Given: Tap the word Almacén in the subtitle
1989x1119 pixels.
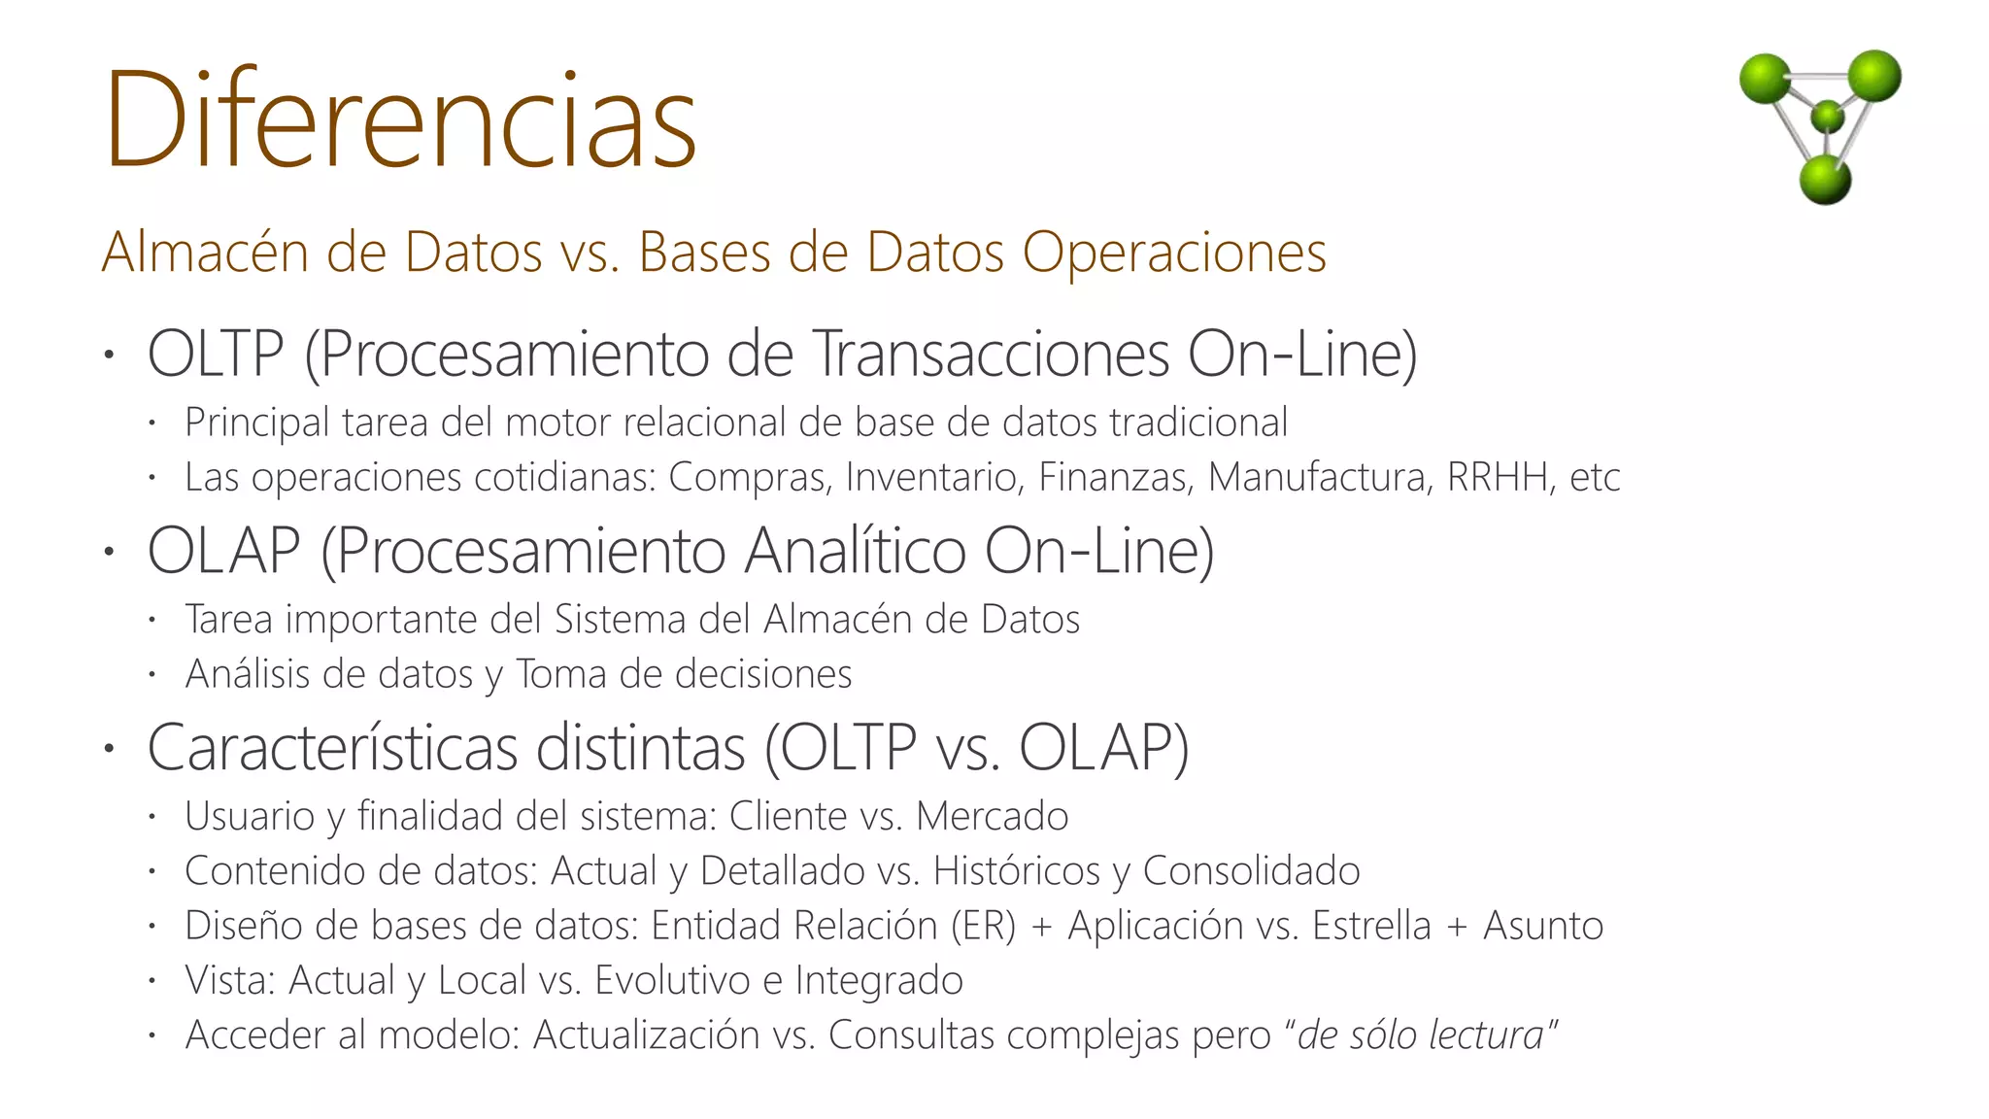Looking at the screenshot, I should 206,253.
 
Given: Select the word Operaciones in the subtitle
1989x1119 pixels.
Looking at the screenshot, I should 1174,253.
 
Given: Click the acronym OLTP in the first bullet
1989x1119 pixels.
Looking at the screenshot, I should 216,354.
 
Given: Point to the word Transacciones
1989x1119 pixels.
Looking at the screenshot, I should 990,354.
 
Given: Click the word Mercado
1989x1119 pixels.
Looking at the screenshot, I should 992,816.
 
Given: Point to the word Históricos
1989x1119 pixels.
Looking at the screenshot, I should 1016,871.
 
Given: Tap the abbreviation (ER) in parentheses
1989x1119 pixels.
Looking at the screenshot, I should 983,926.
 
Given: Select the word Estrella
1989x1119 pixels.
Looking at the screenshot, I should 1370,926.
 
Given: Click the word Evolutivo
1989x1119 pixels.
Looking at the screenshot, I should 671,980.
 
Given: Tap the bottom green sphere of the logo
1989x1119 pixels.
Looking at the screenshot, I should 1825,180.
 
